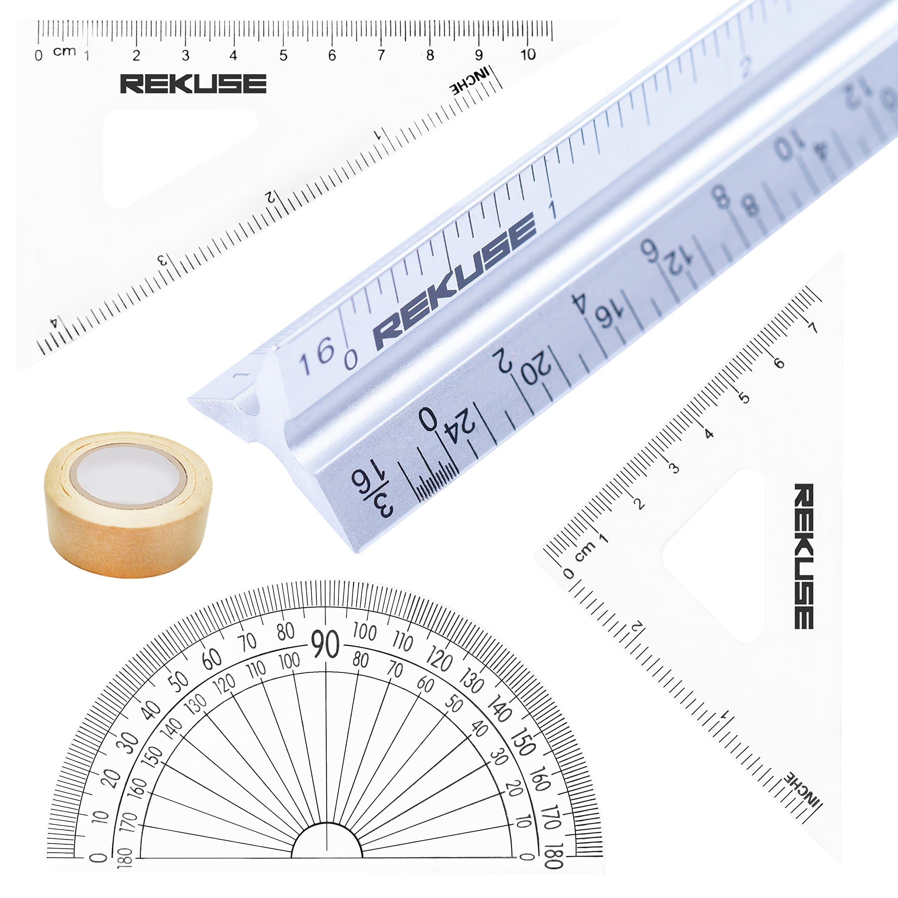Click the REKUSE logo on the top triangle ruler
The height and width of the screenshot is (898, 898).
[x=193, y=84]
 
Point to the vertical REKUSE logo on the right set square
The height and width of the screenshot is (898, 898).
[x=803, y=555]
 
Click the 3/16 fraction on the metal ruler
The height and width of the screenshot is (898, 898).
[x=372, y=493]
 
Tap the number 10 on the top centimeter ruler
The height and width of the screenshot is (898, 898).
[x=528, y=55]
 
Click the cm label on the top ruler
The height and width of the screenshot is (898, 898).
[x=64, y=51]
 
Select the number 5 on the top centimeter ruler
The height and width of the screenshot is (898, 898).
[x=283, y=56]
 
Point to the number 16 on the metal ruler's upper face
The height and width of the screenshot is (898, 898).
[x=316, y=356]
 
